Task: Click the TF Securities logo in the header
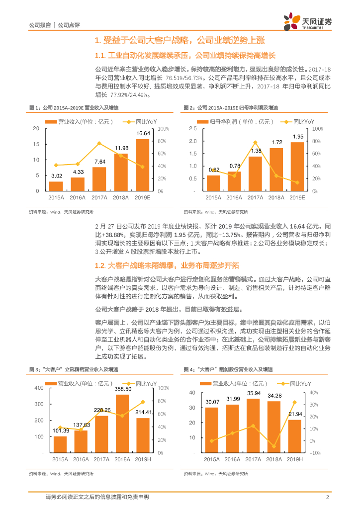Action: (x=307, y=22)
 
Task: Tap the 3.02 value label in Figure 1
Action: (x=57, y=175)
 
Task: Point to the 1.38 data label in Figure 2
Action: (x=256, y=151)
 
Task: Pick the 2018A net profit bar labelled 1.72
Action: (x=276, y=170)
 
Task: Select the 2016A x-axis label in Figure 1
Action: (x=78, y=198)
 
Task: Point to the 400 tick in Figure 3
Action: (x=38, y=388)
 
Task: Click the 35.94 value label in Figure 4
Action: (x=253, y=393)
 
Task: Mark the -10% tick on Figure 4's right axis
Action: (x=314, y=453)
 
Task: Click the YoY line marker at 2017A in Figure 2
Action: (x=256, y=143)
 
